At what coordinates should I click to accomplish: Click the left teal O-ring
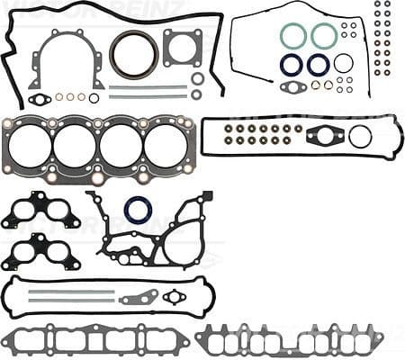click(293, 35)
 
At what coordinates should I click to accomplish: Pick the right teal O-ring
click(324, 35)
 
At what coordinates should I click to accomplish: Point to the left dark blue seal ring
click(292, 64)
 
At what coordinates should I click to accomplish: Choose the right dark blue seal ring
click(318, 64)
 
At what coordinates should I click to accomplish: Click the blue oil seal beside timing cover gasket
click(138, 210)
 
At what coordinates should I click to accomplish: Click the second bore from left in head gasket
click(76, 144)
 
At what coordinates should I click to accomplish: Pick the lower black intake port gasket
click(40, 251)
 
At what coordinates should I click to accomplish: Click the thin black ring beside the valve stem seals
click(360, 136)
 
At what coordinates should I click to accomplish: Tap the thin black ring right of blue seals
click(343, 63)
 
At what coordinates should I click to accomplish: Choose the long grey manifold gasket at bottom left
click(94, 339)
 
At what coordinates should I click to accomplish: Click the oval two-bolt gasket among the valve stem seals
click(324, 136)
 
